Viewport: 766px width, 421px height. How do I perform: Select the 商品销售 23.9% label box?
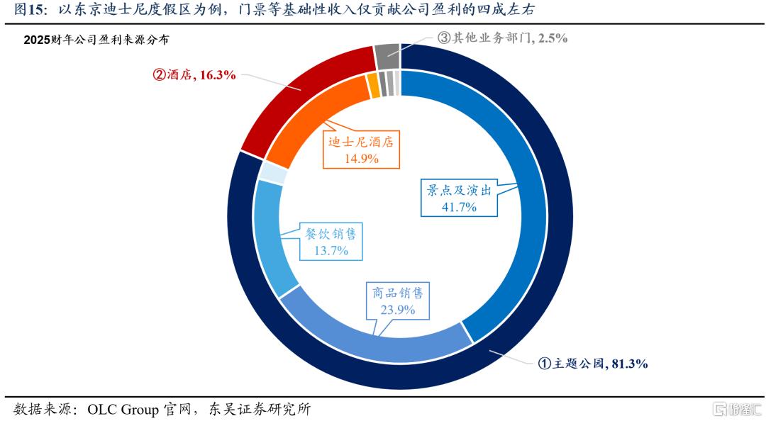pyautogui.click(x=397, y=301)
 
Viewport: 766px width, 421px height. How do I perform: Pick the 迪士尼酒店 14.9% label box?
pyautogui.click(x=360, y=150)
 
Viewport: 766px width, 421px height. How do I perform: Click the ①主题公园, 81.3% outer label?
pyautogui.click(x=592, y=364)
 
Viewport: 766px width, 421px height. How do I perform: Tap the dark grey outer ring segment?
pyautogui.click(x=387, y=55)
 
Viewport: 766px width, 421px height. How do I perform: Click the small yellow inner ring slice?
pyautogui.click(x=373, y=86)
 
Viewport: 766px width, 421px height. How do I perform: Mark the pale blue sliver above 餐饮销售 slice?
pyautogui.click(x=272, y=173)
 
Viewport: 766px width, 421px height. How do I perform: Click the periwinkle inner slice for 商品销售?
pyautogui.click(x=369, y=333)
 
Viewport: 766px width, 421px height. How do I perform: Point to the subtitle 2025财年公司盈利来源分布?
pyautogui.click(x=96, y=41)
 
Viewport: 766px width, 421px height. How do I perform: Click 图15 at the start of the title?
pyautogui.click(x=30, y=9)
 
